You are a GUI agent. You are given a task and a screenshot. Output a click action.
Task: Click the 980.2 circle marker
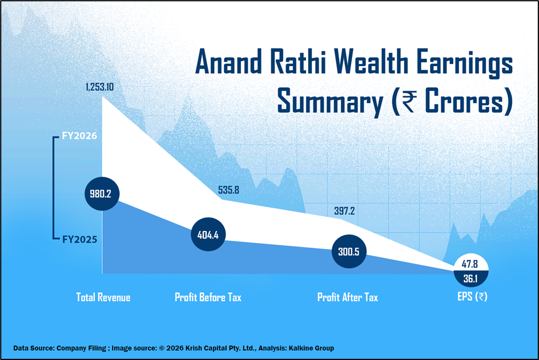click(102, 194)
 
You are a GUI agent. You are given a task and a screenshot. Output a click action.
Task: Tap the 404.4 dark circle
click(208, 234)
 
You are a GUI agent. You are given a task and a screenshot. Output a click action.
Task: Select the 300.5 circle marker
click(349, 252)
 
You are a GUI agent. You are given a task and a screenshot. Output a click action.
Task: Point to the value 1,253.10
click(100, 87)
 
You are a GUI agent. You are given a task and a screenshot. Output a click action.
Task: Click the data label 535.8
click(228, 190)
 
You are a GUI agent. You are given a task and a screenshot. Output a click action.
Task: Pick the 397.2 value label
click(344, 211)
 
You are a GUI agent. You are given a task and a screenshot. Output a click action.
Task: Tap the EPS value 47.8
click(470, 264)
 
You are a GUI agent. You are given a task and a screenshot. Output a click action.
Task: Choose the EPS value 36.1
click(470, 278)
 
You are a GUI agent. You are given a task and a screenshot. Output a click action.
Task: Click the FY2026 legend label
click(79, 136)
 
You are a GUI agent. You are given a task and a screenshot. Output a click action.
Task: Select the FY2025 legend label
click(80, 240)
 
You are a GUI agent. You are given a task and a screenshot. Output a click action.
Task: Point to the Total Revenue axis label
click(103, 297)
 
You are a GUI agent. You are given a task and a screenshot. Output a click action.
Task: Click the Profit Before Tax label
click(208, 297)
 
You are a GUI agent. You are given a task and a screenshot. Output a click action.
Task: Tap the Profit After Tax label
click(348, 297)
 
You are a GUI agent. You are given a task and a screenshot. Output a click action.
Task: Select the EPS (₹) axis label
click(472, 297)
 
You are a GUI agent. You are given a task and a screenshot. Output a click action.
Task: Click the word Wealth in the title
click(372, 62)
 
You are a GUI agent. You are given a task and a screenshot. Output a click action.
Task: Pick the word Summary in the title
click(330, 102)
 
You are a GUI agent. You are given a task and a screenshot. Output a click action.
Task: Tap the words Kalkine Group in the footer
click(311, 349)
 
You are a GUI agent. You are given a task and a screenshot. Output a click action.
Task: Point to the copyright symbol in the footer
click(162, 349)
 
